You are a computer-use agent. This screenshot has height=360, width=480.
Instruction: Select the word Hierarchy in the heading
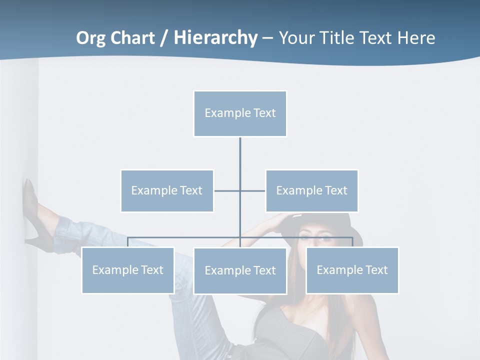tap(215, 38)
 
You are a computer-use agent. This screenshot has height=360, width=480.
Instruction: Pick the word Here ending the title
tap(416, 38)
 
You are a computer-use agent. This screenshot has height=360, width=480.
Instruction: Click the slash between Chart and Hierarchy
tap(164, 38)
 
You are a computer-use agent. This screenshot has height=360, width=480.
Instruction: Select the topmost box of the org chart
tap(240, 113)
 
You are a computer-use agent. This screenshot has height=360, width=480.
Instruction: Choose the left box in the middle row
tap(167, 190)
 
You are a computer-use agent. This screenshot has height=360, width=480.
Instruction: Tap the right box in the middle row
tap(312, 190)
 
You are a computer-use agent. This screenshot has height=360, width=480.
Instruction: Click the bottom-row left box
tap(128, 270)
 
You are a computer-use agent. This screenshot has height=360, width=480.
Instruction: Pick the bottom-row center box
tap(240, 270)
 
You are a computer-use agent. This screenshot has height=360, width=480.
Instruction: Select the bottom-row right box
tap(352, 270)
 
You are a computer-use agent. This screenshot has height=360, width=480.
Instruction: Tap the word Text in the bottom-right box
tap(376, 270)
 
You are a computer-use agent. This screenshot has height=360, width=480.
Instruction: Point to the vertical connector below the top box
tap(240, 155)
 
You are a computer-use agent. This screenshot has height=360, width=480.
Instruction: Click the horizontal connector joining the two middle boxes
tap(227, 190)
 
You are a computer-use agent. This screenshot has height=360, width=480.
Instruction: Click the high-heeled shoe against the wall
tap(30, 210)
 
